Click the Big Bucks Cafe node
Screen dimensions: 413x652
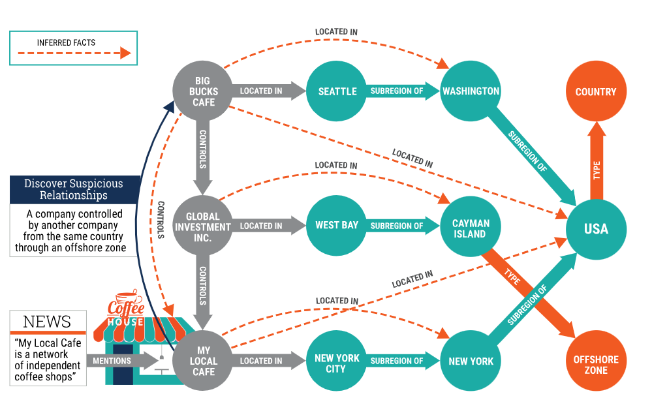click(203, 92)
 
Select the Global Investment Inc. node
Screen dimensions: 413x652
click(203, 226)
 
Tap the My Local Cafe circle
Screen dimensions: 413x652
click(204, 361)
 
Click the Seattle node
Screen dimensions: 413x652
click(337, 92)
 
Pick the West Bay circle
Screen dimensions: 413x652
click(337, 226)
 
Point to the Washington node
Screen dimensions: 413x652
click(471, 92)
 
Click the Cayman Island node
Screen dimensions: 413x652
click(471, 228)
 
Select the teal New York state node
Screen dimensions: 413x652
click(471, 361)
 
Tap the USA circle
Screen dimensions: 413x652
click(596, 229)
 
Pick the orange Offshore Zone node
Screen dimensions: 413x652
click(595, 365)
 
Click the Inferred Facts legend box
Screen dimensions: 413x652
click(73, 48)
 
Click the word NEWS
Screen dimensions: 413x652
click(47, 322)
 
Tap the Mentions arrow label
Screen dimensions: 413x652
click(112, 361)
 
